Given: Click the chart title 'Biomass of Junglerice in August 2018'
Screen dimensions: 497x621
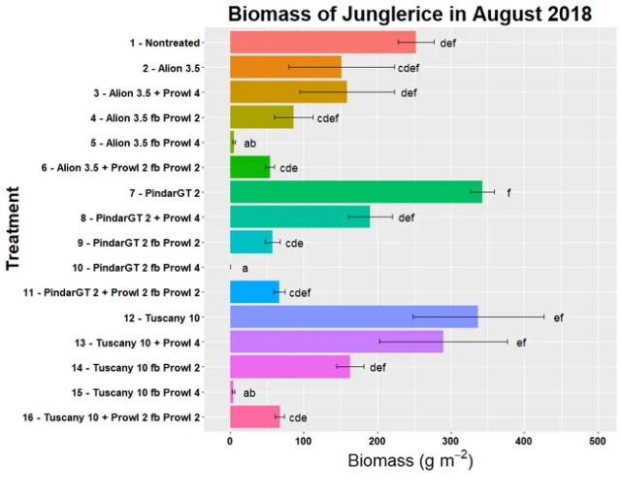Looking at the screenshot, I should (409, 14).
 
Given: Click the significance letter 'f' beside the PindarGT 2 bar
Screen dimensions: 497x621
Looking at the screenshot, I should (508, 192).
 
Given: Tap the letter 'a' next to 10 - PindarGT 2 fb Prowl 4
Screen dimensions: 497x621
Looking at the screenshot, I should (245, 268).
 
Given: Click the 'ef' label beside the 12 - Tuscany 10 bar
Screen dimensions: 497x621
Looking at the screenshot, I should (558, 317).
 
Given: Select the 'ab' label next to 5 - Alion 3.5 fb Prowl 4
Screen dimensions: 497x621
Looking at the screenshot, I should (249, 143).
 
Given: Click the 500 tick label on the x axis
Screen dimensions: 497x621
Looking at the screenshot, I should (599, 440).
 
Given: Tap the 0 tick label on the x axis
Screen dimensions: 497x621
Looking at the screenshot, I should (230, 440).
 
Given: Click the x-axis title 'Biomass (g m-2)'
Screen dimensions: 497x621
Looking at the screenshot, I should (409, 461).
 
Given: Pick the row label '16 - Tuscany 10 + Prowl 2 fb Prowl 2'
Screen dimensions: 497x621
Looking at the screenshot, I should (111, 417).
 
